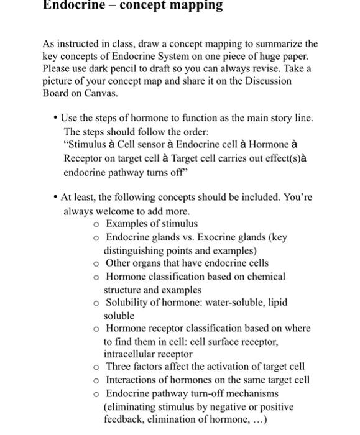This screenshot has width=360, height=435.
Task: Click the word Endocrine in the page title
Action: [x=72, y=6]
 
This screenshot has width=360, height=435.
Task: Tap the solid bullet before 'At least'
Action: [x=56, y=198]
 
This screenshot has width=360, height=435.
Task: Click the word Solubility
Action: [x=127, y=303]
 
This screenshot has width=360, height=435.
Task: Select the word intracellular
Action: [x=130, y=354]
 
